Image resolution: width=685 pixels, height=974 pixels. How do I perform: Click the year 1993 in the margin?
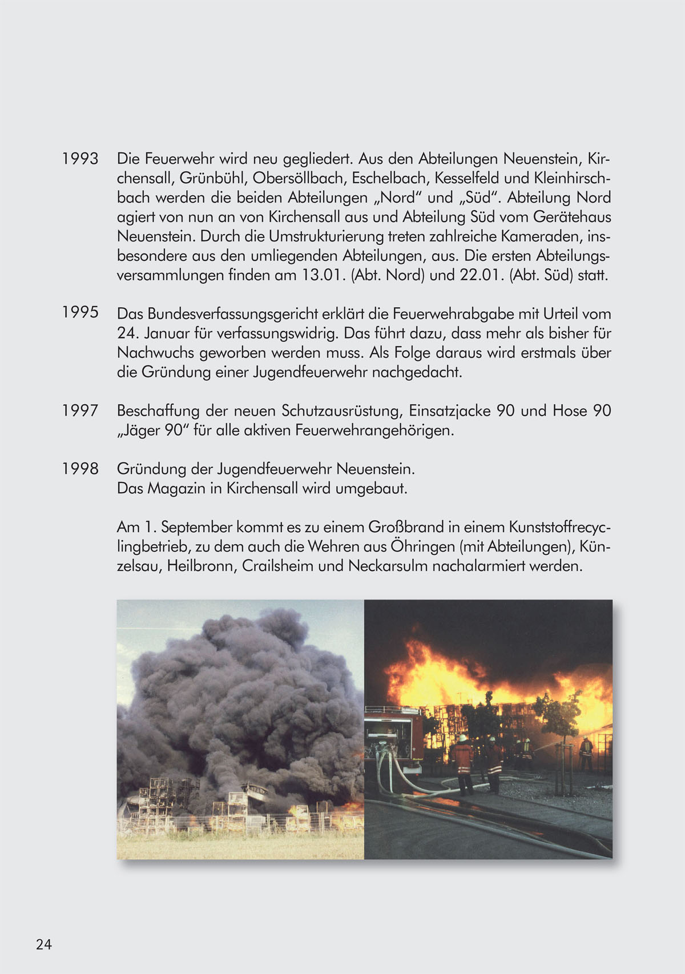[80, 159]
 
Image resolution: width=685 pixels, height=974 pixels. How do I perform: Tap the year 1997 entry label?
[80, 410]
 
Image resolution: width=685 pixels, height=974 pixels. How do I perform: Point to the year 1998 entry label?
[80, 469]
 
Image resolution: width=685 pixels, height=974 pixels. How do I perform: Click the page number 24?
[44, 944]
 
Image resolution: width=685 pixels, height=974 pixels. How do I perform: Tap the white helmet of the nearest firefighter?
[462, 738]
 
